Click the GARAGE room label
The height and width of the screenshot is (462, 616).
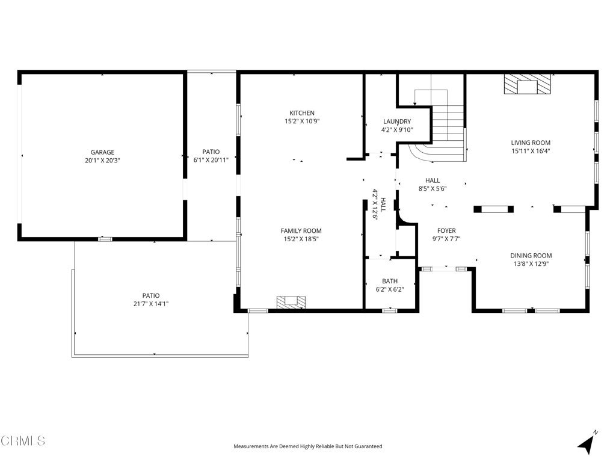102,152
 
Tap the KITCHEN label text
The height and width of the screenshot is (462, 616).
302,112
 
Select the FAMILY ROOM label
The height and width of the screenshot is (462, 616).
301,230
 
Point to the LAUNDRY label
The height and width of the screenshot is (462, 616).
397,122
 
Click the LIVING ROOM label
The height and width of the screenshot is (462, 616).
531,143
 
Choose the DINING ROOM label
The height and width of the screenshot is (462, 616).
531,255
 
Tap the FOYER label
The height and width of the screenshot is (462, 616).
447,230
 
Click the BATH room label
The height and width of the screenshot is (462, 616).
390,281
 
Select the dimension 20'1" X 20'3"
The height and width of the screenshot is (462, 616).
102,160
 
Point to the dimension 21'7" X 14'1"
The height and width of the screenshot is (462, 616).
151,304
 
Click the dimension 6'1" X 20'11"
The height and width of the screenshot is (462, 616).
211,160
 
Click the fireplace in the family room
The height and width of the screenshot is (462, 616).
292,302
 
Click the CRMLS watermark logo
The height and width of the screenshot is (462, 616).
23,441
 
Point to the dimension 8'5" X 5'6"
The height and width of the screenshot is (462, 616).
433,188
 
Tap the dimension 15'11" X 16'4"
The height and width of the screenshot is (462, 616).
531,151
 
